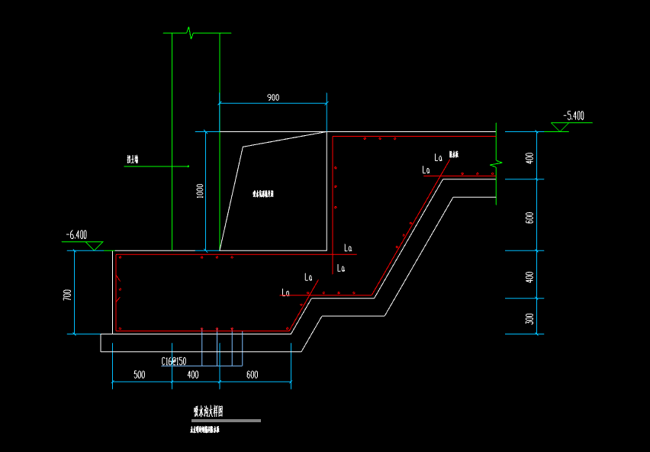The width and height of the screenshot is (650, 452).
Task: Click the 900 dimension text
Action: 273,98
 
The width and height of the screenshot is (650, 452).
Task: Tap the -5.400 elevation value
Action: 574,116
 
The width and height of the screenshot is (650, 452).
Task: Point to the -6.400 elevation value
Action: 76,235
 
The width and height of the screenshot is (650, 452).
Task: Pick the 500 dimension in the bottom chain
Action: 139,374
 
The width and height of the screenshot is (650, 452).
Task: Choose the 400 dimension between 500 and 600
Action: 192,374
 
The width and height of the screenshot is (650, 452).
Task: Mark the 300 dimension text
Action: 530,318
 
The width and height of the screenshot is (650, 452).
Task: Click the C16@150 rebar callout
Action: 174,361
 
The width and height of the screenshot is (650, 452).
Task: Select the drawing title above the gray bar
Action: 208,412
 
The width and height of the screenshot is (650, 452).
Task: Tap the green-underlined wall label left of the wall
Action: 137,160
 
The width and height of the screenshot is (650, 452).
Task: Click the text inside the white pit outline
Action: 263,194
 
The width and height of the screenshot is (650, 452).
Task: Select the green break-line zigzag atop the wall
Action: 191,33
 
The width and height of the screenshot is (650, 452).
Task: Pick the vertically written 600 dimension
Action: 530,217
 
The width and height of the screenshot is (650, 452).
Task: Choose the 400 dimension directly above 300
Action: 530,277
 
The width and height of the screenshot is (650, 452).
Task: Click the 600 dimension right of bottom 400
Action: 253,374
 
